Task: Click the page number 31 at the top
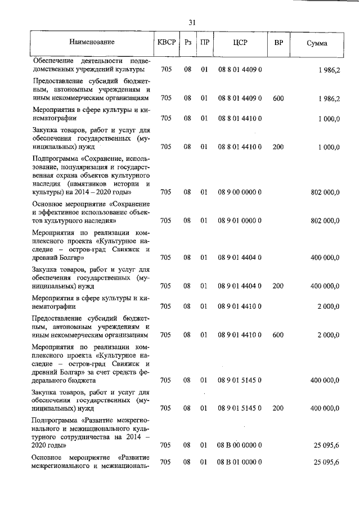pos(192,22)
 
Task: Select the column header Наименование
pos(92,43)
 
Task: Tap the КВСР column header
pos(166,43)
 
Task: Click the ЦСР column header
pos(240,43)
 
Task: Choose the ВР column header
pos(278,43)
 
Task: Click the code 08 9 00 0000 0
pos(240,192)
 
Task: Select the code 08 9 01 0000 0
pos(240,221)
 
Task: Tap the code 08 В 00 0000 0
pos(240,445)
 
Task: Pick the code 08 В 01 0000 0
pos(240,462)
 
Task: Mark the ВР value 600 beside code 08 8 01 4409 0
pos(278,98)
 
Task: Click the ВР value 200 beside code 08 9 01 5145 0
pos(278,408)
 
